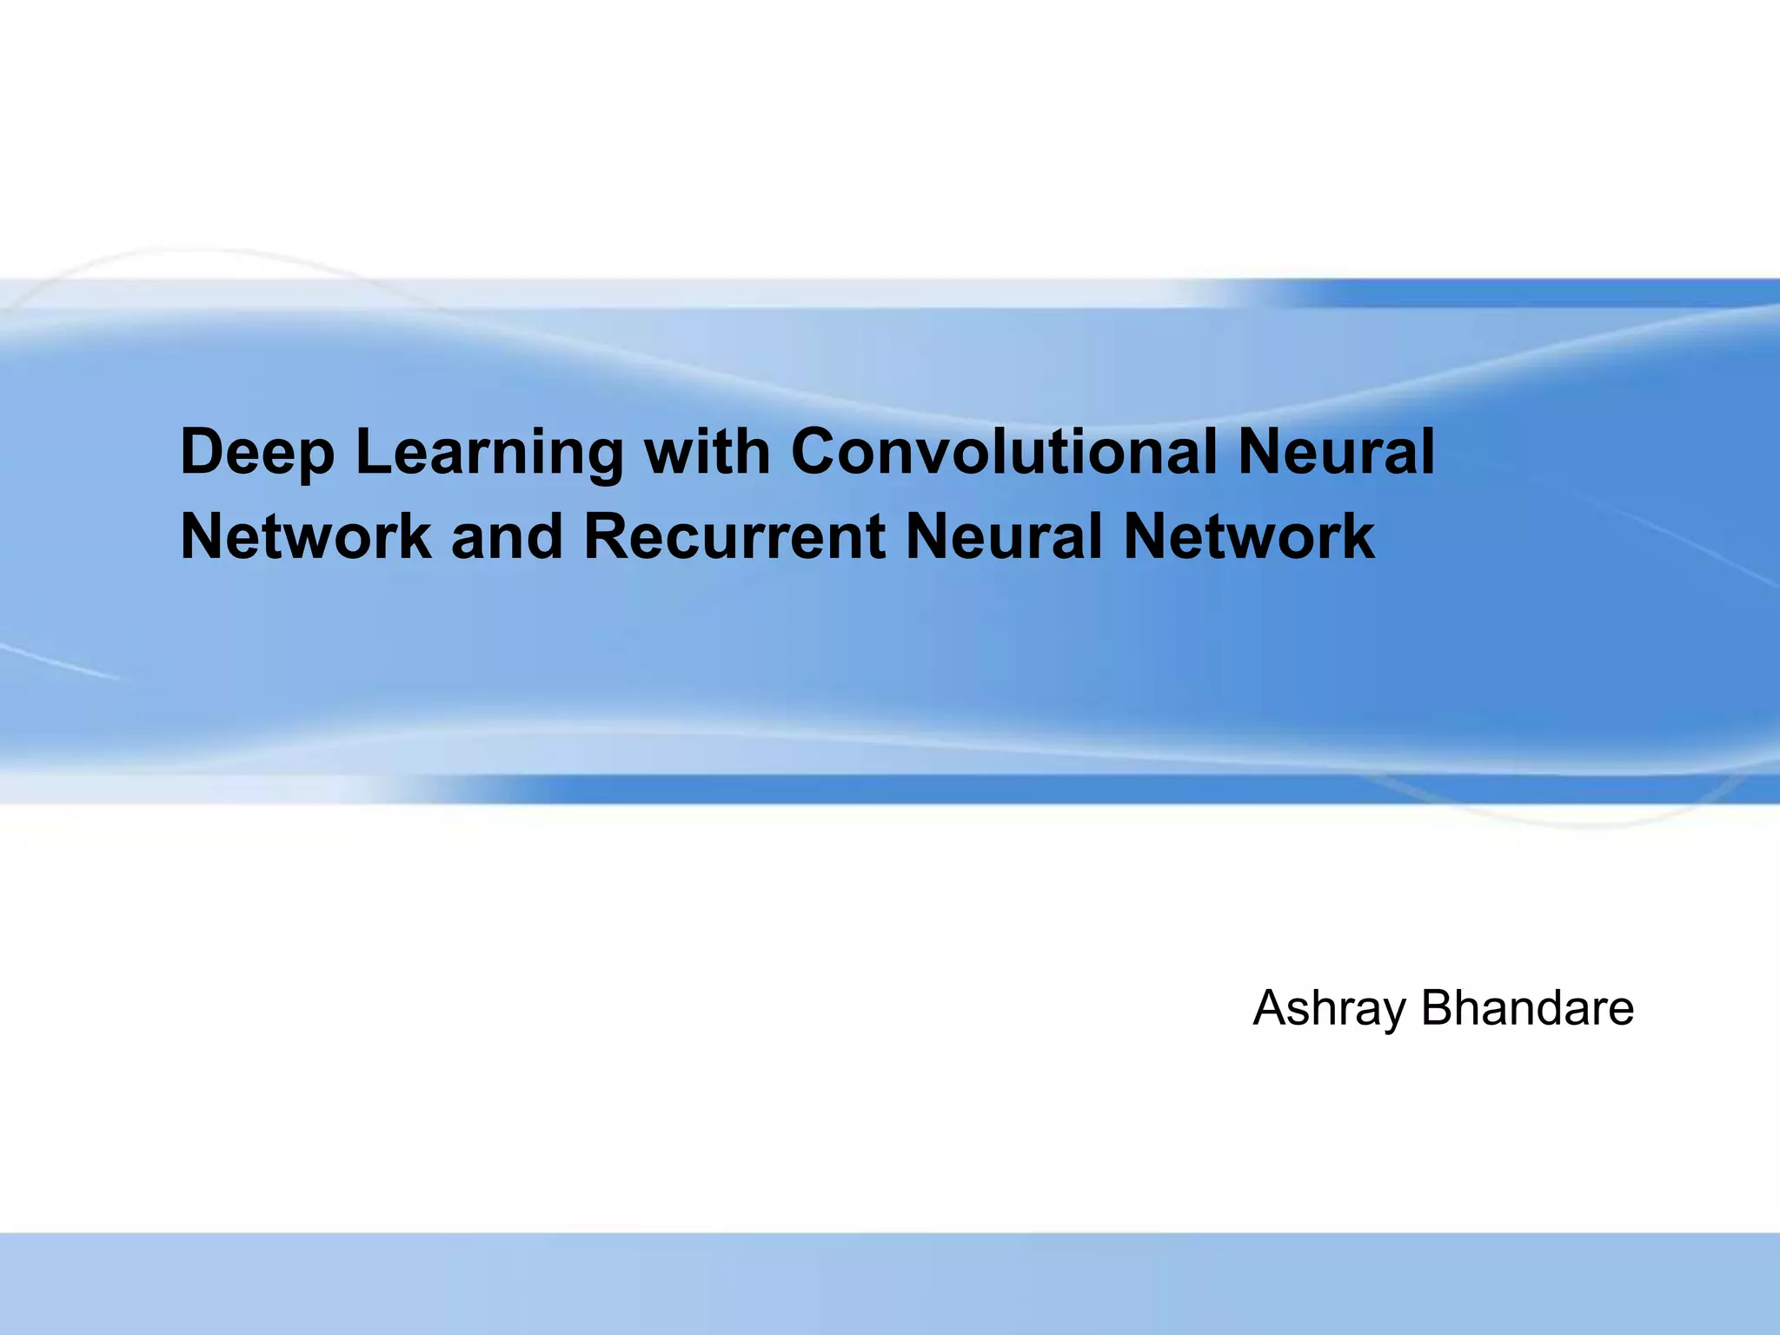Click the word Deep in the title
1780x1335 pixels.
point(257,453)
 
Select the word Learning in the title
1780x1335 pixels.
point(489,453)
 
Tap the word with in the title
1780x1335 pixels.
point(707,453)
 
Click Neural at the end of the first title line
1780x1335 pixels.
point(1336,453)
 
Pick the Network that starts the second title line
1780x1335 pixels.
point(305,536)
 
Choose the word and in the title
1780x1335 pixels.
point(507,536)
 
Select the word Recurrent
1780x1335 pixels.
point(734,536)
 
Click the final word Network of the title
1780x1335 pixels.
point(1249,536)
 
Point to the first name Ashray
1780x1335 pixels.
point(1329,1009)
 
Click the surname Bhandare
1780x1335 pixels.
point(1527,1008)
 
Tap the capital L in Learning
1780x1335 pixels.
point(370,453)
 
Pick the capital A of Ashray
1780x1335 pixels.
point(1272,1008)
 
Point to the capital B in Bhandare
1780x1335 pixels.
point(1438,1008)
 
